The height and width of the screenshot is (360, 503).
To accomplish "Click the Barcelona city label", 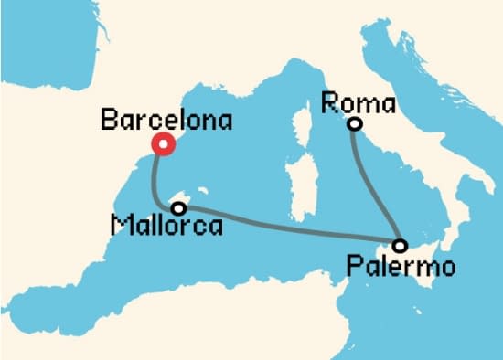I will tap(166, 120).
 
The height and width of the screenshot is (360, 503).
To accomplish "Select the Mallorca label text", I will tap(166, 224).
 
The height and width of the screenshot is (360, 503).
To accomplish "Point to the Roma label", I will tap(359, 101).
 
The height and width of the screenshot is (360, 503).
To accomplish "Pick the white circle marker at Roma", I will tap(356, 123).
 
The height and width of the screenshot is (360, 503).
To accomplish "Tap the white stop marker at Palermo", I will tap(400, 246).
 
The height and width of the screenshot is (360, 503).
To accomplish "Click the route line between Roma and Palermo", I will tap(376, 187).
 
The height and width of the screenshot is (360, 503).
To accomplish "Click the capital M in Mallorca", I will tap(117, 224).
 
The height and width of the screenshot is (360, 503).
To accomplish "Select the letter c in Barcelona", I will tap(162, 121).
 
